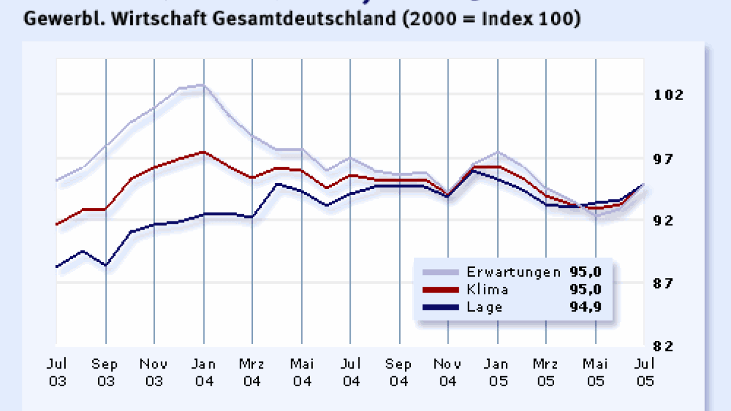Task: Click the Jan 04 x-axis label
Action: [203, 373]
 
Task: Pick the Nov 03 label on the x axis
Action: [154, 373]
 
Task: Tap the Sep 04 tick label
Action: [399, 373]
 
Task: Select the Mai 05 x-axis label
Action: [595, 373]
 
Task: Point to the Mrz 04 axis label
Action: [252, 373]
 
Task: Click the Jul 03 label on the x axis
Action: [57, 373]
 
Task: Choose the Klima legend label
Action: [488, 289]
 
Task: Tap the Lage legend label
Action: [485, 307]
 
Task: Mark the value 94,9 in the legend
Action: [585, 307]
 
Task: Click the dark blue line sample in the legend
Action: [440, 307]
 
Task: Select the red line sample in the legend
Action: [440, 289]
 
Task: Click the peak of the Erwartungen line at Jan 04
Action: [203, 85]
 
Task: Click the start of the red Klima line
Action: [57, 224]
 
